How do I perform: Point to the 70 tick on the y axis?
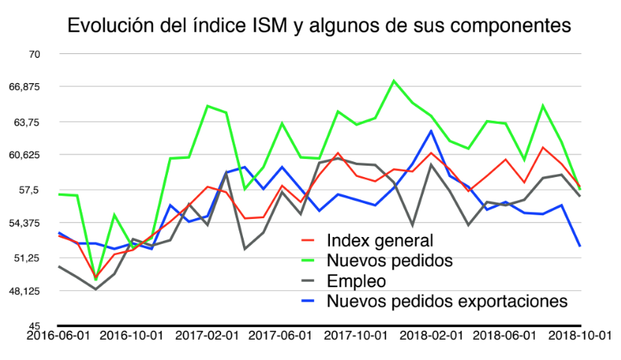tap(33, 54)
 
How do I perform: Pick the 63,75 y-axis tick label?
tap(26, 121)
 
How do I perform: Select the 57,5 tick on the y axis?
tap(28, 190)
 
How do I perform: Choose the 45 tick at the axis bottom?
tap(33, 325)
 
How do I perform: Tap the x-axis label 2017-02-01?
tap(208, 337)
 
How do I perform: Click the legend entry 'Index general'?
tap(381, 241)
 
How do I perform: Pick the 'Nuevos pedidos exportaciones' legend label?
tap(447, 301)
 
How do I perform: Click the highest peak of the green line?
tap(394, 80)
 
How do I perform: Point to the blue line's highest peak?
tap(431, 130)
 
